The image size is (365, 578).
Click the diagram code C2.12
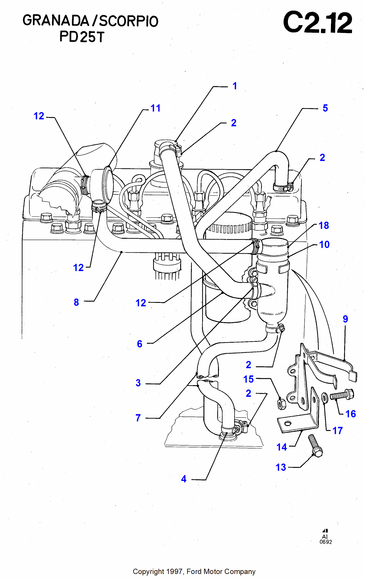click(x=318, y=22)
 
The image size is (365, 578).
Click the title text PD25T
click(x=82, y=37)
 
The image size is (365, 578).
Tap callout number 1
click(x=235, y=86)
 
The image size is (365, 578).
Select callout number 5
click(x=325, y=108)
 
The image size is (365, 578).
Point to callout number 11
click(x=155, y=108)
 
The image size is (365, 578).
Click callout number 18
click(x=324, y=225)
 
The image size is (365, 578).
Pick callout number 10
click(x=324, y=244)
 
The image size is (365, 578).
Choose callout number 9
click(x=345, y=319)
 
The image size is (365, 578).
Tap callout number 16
click(x=351, y=414)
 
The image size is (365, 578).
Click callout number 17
click(x=337, y=431)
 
